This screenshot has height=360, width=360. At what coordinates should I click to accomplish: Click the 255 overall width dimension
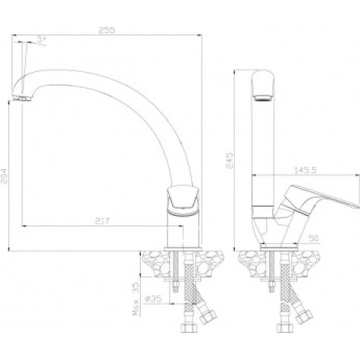106,31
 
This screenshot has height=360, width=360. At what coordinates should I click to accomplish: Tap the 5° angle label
41,39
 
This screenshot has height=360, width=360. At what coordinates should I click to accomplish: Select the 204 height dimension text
5,176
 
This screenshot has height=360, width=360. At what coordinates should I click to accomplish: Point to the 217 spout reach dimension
103,221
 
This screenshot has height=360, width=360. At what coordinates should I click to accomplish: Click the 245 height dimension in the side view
229,160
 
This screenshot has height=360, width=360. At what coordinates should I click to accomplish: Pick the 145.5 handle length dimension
305,170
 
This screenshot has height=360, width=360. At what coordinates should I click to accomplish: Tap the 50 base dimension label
313,238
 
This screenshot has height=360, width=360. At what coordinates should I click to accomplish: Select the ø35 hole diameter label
153,299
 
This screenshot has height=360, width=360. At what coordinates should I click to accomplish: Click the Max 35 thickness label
136,299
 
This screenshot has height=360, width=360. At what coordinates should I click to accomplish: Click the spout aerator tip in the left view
22,98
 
